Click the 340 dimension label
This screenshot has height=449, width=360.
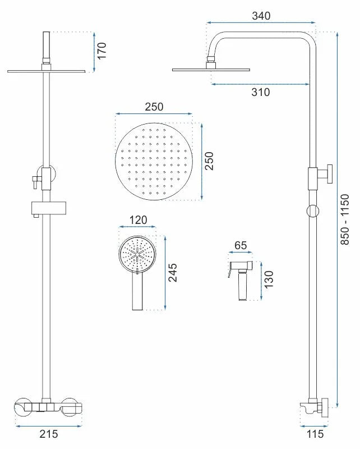[x=261, y=16]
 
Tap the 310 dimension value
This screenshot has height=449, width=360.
[x=260, y=92]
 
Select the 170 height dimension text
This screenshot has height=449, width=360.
[x=101, y=51]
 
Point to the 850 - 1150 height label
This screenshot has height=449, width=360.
[x=345, y=219]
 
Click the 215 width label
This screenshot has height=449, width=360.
[x=49, y=434]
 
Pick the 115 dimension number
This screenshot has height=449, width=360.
[x=315, y=434]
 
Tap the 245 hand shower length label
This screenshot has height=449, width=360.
[x=173, y=273]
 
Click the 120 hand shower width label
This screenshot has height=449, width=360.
[x=138, y=220]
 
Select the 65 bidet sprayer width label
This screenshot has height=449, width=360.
[x=241, y=245]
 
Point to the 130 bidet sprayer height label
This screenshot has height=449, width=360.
[x=269, y=280]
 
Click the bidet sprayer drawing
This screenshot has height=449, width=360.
[x=241, y=281]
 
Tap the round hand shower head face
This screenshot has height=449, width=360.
[x=137, y=254]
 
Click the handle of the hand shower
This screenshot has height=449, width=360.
[x=137, y=291]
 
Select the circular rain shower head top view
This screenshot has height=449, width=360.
[x=154, y=162]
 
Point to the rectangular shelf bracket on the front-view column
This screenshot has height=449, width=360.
[x=49, y=208]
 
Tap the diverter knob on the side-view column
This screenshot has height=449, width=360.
[x=330, y=174]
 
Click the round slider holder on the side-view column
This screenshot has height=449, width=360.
[x=313, y=212]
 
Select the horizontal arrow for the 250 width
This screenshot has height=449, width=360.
[x=154, y=114]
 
